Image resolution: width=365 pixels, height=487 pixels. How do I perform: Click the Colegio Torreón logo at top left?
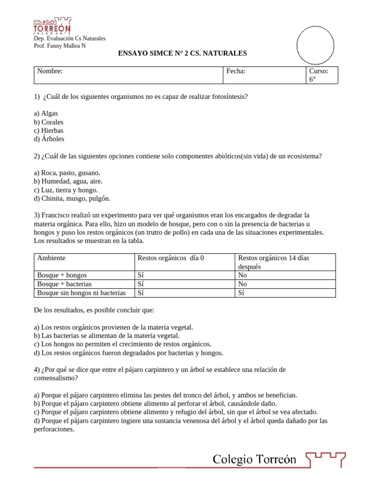pyautogui.click(x=52, y=26)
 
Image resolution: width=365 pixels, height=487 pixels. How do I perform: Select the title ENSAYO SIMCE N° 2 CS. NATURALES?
pyautogui.click(x=182, y=54)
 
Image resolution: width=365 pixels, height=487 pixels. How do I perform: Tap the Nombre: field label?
pyautogui.click(x=50, y=71)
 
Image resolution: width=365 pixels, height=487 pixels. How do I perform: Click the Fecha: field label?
pyautogui.click(x=236, y=71)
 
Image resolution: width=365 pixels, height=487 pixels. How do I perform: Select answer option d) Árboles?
pyautogui.click(x=49, y=139)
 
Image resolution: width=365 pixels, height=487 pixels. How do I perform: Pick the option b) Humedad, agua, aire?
pyautogui.click(x=68, y=181)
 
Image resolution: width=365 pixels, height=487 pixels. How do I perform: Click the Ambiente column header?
pyautogui.click(x=51, y=258)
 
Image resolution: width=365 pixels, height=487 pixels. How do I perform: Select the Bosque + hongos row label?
pyautogui.click(x=62, y=275)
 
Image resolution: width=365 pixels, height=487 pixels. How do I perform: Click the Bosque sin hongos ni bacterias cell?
pyautogui.click(x=81, y=293)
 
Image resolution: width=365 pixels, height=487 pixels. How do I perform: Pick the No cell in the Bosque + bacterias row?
pyautogui.click(x=242, y=284)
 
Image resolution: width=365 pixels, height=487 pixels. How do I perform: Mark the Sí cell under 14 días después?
pyautogui.click(x=241, y=293)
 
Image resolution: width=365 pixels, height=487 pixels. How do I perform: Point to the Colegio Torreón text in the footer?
pyautogui.click(x=254, y=459)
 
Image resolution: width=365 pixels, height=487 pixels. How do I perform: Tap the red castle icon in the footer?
pyautogui.click(x=325, y=460)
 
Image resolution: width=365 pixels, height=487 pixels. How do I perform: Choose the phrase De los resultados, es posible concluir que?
pyautogui.click(x=94, y=310)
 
